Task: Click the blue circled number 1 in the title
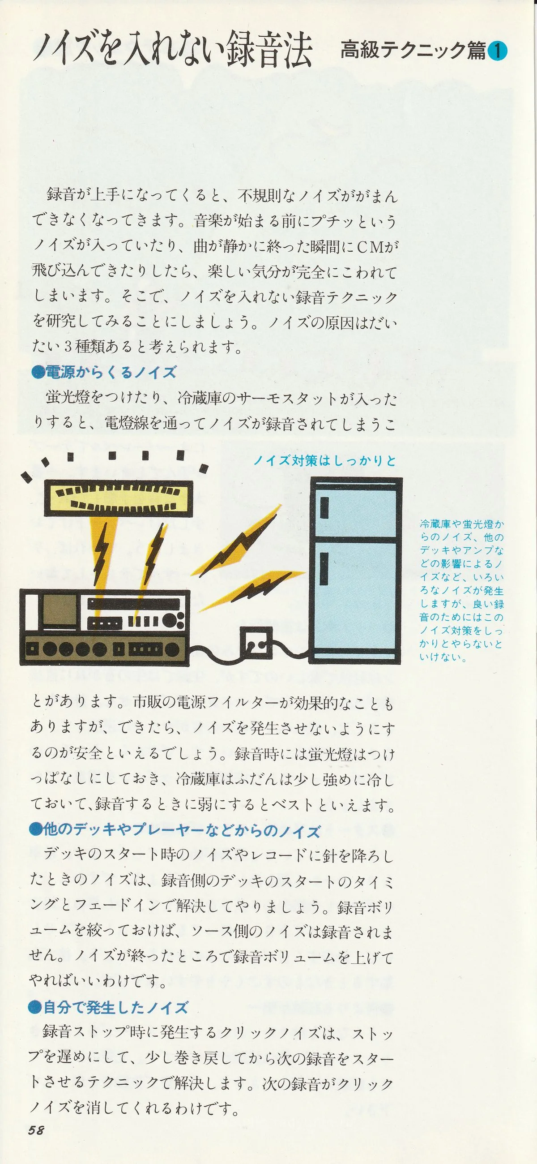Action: click(x=497, y=51)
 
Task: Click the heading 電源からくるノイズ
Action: click(x=104, y=372)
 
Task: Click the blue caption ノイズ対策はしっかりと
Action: click(x=325, y=460)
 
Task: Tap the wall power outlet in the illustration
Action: click(x=256, y=642)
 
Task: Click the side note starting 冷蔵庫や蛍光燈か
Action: click(x=461, y=591)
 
